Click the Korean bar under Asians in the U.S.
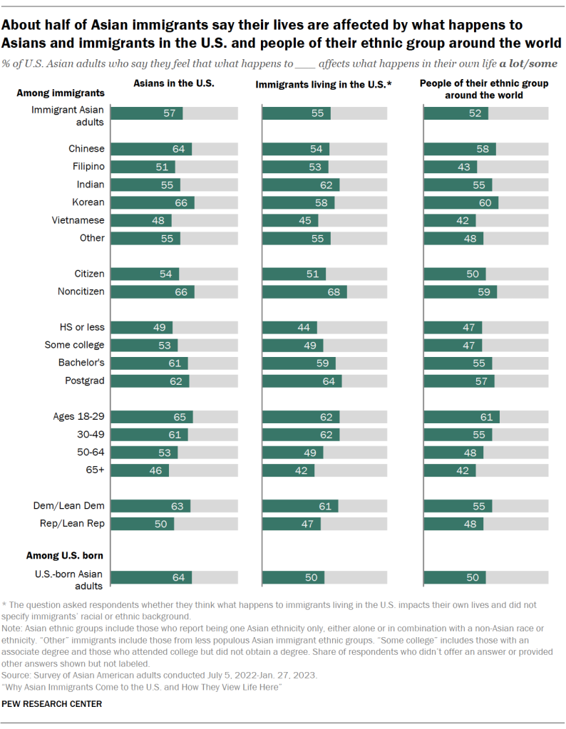click(x=153, y=202)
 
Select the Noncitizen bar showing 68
click(x=304, y=291)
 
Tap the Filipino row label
click(x=86, y=167)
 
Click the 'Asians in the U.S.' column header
click(x=174, y=83)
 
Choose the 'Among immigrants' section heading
click(x=61, y=93)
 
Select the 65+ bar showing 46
click(x=140, y=470)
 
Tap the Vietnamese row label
click(x=79, y=220)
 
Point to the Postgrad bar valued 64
click(x=302, y=381)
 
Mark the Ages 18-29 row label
click(x=78, y=417)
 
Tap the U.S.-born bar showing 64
click(x=151, y=577)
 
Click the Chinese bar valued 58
click(x=459, y=149)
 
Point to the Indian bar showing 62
click(x=300, y=185)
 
